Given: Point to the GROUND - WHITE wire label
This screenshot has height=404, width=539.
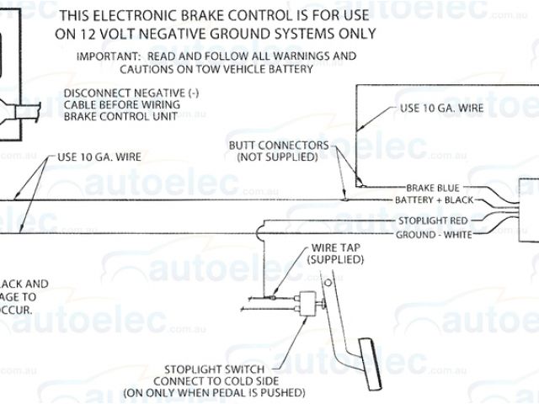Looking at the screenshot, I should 434,234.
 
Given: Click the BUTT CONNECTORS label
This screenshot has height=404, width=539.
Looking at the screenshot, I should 278,145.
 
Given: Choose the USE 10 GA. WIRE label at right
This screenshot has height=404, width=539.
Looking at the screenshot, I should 440,109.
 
